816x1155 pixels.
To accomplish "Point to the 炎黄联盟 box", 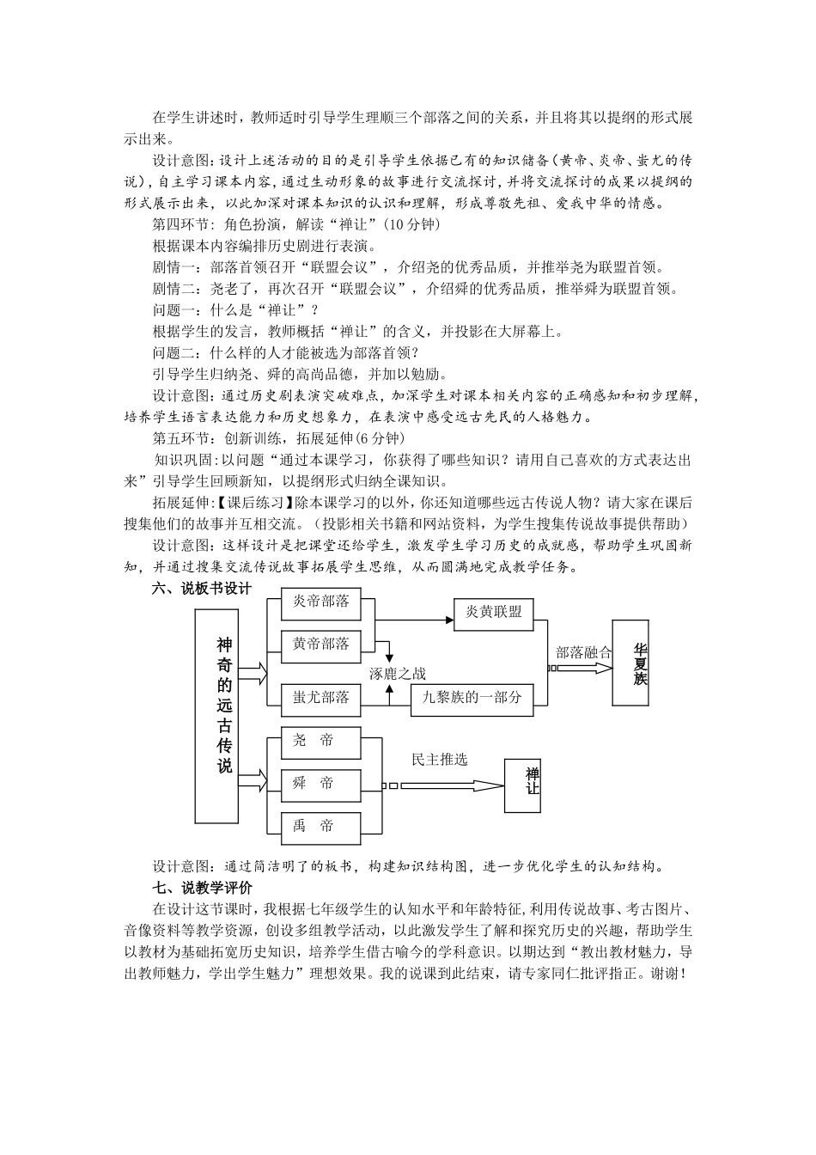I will (x=493, y=612).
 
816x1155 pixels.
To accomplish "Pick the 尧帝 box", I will (x=313, y=741).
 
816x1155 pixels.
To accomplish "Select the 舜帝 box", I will (x=313, y=783).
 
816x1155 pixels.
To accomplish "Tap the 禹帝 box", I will (x=313, y=826).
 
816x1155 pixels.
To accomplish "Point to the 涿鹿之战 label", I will (x=398, y=674).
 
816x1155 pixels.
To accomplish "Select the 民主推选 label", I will (x=440, y=760).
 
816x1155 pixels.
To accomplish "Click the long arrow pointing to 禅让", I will (x=447, y=785).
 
